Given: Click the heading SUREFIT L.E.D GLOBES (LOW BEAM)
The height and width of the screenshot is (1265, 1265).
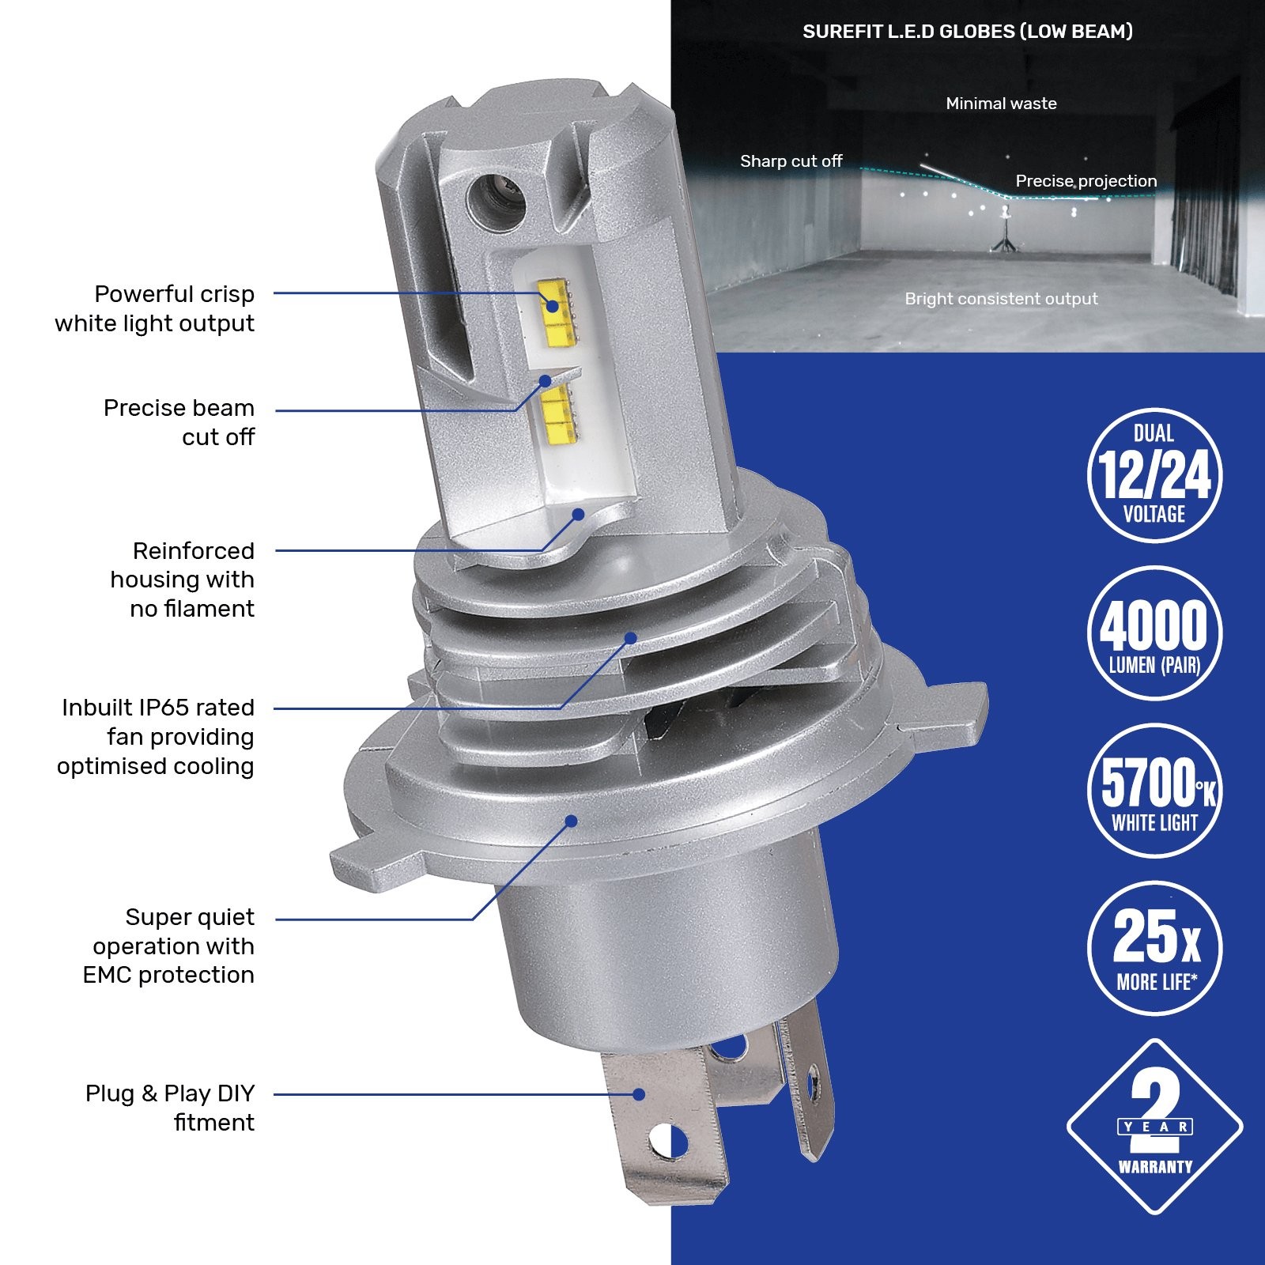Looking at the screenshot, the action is coord(968,32).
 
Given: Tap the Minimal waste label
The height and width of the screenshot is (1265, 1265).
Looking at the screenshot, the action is coord(1001,104).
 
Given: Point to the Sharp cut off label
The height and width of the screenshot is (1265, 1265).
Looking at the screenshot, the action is coord(791,161).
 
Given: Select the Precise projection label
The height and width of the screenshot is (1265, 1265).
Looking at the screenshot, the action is coord(1086,181).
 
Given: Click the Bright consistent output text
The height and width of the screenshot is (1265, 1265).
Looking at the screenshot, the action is coord(1001,299).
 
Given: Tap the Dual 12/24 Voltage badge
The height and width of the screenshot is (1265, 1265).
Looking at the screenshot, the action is coord(1154,475).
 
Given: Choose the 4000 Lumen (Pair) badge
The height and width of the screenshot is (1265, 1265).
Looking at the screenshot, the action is coord(1154,632).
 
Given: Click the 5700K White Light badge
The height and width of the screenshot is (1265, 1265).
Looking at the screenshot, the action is coord(1154,791).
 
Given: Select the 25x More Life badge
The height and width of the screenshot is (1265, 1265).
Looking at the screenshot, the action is coord(1154,948).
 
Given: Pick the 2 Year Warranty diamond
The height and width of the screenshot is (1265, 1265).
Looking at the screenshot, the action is coord(1154,1127).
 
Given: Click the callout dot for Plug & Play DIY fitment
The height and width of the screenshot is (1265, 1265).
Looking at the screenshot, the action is coord(639,1094).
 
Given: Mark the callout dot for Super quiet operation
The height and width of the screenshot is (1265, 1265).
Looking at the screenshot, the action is coord(571,821).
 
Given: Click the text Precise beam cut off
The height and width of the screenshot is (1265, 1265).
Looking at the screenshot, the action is coord(179,422).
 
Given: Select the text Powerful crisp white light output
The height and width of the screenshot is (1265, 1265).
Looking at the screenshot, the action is coord(155,308).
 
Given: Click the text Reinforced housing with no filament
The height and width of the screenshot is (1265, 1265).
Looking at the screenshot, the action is coord(183,580).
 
